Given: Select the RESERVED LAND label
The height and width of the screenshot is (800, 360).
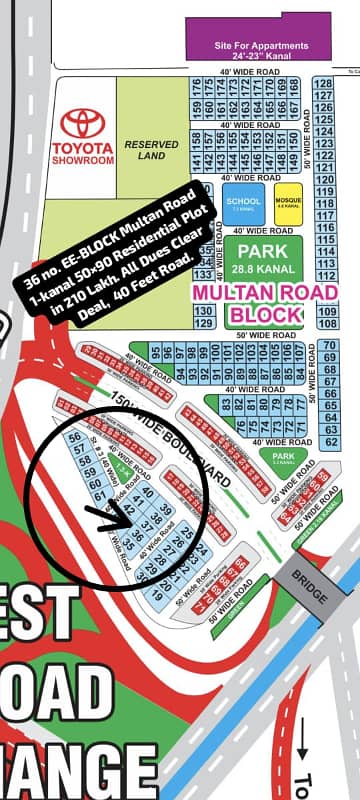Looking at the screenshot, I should (x=151, y=150).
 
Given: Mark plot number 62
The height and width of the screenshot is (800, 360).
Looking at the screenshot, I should (x=331, y=441).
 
